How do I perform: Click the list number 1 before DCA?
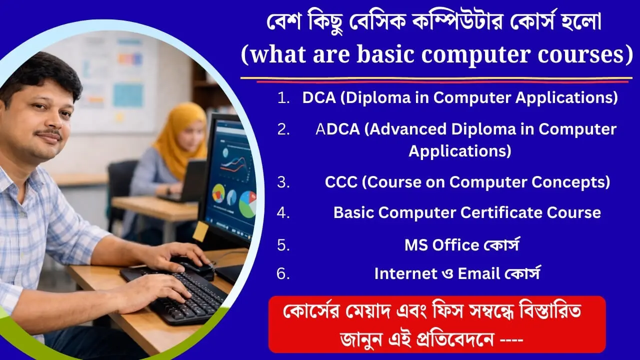(x=283, y=98)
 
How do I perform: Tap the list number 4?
(x=283, y=212)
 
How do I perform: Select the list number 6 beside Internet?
(x=283, y=273)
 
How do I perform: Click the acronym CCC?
(x=341, y=182)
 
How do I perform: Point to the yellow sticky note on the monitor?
(x=201, y=231)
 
